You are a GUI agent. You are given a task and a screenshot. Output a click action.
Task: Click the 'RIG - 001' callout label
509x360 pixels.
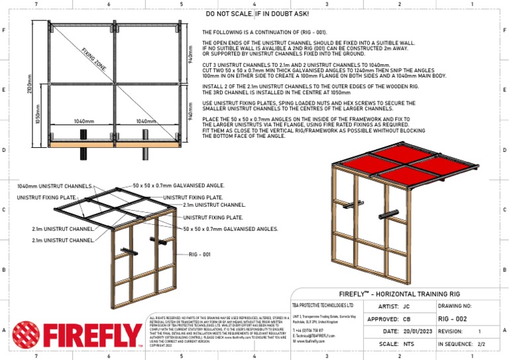199,255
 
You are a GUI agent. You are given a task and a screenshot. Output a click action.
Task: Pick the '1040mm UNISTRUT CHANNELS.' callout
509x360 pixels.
54,186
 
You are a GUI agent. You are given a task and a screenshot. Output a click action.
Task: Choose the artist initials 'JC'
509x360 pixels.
406,307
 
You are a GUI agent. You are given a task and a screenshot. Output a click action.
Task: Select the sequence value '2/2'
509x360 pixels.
481,344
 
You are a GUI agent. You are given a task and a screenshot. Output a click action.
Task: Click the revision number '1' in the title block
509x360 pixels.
479,330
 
